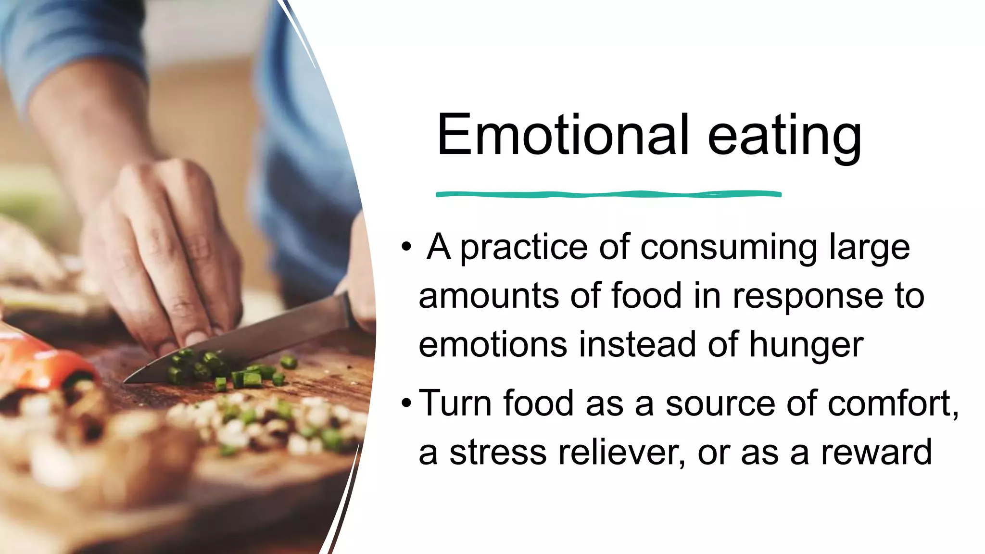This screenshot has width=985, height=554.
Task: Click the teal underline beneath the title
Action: [608, 194]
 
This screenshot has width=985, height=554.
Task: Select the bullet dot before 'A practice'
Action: [407, 247]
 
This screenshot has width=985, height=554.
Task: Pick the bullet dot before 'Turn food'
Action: [407, 403]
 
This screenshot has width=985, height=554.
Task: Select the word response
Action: [808, 296]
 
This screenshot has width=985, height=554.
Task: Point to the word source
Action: [720, 404]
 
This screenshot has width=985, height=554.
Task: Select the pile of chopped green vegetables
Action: [226, 370]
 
